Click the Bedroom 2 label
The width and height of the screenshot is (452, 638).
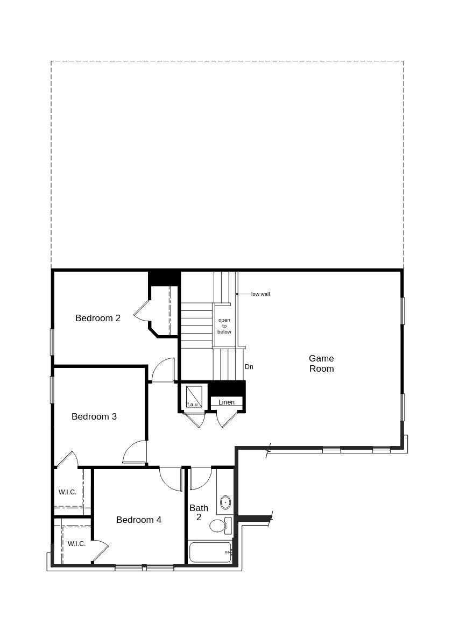[98, 318]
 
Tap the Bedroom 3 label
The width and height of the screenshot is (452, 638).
[94, 416]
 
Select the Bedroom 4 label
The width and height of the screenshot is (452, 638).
[139, 520]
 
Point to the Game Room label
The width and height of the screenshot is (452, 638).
[321, 363]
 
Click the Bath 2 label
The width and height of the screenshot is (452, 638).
[199, 512]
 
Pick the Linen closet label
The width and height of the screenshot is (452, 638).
[227, 402]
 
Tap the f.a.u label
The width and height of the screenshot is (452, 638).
[192, 405]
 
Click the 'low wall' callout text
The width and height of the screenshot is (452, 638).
[260, 294]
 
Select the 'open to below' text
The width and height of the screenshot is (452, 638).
[224, 326]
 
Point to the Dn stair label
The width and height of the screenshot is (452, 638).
[249, 367]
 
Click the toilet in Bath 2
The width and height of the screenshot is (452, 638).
[218, 525]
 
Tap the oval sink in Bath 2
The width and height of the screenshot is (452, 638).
[225, 502]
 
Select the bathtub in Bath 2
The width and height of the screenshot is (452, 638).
[210, 552]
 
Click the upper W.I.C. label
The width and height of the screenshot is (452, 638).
[67, 492]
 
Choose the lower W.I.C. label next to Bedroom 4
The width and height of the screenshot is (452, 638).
[76, 543]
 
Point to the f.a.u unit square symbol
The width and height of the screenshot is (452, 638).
[194, 394]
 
